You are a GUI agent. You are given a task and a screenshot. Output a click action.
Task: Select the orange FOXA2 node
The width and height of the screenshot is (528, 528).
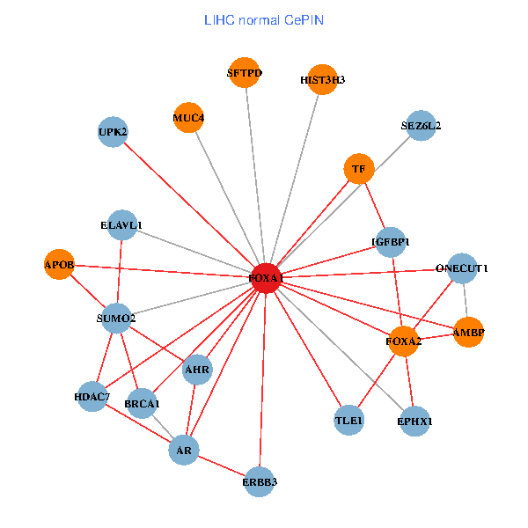[x=403, y=341]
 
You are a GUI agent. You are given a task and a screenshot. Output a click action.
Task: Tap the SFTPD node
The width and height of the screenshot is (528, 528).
[x=244, y=73]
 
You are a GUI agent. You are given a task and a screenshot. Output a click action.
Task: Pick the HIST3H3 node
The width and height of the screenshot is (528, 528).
[x=322, y=79]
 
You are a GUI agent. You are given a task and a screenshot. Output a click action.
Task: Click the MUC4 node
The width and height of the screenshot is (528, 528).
[x=188, y=118]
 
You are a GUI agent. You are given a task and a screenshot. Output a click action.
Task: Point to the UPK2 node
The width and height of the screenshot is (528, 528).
[x=113, y=132]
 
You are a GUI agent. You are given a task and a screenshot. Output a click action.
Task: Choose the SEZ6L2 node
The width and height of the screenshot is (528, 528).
[x=422, y=125]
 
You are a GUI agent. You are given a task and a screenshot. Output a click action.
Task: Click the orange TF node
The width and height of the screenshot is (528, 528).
[x=358, y=168]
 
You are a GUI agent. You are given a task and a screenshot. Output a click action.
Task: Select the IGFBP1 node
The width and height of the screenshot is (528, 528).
[x=391, y=241]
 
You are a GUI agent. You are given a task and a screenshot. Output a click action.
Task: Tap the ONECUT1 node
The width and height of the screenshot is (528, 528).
[x=462, y=268]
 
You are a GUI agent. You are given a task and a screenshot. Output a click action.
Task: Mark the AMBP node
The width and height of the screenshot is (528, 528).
[x=468, y=332]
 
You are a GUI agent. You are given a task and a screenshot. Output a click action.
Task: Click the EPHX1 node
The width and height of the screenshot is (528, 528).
[x=414, y=422]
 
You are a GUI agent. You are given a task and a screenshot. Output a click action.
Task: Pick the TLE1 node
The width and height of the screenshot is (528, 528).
[x=348, y=422]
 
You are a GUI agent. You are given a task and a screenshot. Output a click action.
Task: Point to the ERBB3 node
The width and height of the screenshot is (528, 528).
[x=260, y=480]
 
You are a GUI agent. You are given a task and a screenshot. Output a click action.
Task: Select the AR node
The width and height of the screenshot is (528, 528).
[x=183, y=451]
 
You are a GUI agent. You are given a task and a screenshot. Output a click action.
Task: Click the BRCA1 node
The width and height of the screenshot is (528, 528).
[x=142, y=404]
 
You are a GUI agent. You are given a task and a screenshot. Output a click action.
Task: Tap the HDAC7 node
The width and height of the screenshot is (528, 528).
[x=92, y=397]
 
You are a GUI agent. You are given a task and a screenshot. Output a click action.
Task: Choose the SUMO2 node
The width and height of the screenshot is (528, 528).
[x=116, y=318]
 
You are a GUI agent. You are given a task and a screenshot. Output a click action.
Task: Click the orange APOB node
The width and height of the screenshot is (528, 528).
[x=59, y=264]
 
